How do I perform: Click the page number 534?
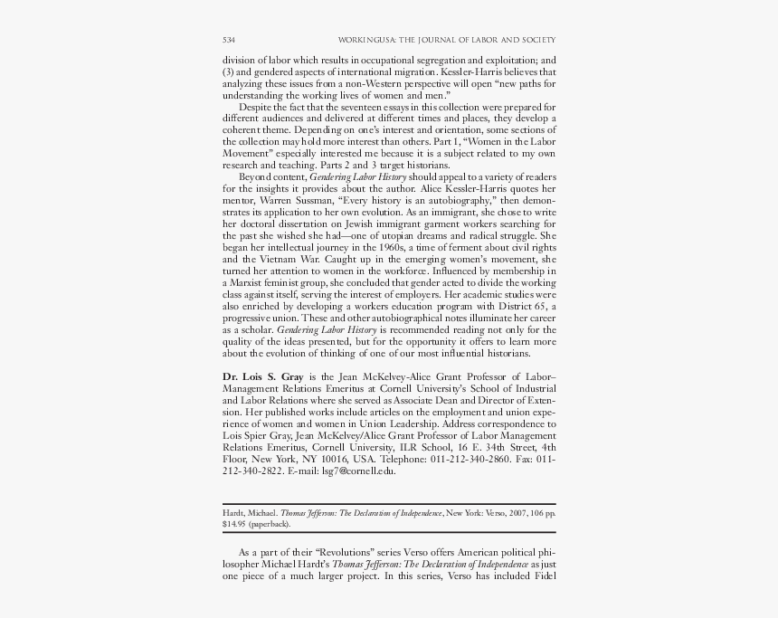pyautogui.click(x=230, y=40)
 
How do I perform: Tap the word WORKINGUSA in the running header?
pyautogui.click(x=365, y=40)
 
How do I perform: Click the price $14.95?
pyautogui.click(x=233, y=524)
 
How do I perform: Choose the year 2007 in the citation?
pyautogui.click(x=507, y=513)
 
